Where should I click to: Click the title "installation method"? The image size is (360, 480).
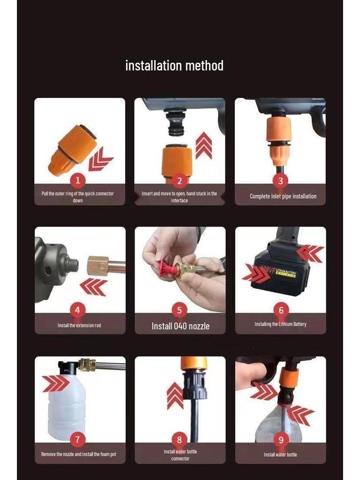[x=174, y=66]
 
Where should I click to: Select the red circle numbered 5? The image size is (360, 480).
[x=179, y=310]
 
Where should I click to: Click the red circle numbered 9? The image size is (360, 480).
[x=281, y=439]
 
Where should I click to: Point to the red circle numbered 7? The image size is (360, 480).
[x=77, y=439]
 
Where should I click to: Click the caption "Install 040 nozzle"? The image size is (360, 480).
[x=180, y=326]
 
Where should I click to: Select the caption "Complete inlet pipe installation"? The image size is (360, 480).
[x=283, y=196]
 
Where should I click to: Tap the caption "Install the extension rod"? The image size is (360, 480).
[x=79, y=325]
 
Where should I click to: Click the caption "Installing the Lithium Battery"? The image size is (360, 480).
[x=280, y=324]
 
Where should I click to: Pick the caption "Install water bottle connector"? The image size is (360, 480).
[x=180, y=455]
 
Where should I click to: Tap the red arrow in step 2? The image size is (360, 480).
[x=203, y=145]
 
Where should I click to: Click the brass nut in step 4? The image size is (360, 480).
[x=98, y=265]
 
